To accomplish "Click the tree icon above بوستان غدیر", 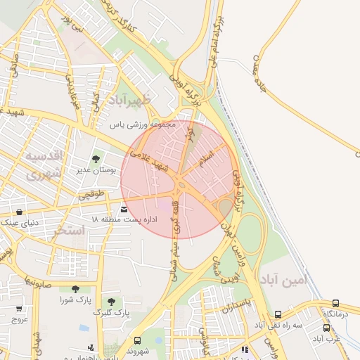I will [96, 159].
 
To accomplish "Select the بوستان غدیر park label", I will [92, 170].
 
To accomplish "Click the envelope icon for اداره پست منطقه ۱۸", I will [124, 209].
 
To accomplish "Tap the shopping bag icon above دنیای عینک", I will [18, 211].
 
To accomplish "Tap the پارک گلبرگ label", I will [112, 311].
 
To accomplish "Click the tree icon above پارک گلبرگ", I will [111, 301].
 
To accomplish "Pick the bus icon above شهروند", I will [137, 340].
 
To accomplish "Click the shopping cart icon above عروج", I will [19, 308].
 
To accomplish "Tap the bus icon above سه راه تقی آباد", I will [278, 314].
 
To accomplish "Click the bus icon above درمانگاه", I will [335, 302].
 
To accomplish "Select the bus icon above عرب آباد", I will [327, 328].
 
